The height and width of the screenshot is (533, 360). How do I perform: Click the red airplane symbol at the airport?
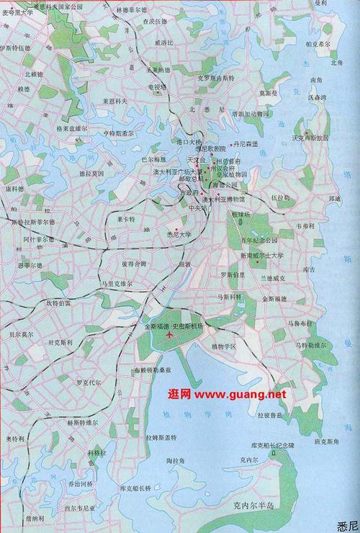[170, 334]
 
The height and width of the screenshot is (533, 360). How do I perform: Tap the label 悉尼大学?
[179, 234]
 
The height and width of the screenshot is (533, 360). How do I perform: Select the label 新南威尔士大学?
[262, 255]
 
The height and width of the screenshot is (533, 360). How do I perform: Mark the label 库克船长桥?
[135, 488]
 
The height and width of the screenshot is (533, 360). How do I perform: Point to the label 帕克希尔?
[318, 43]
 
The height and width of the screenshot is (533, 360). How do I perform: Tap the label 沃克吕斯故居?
[314, 137]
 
